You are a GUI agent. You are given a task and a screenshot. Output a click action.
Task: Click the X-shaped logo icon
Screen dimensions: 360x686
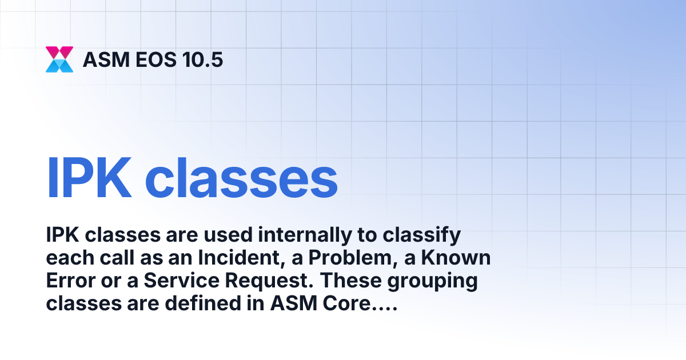tap(59, 59)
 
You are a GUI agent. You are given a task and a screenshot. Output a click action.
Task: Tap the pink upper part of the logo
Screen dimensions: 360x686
tap(59, 52)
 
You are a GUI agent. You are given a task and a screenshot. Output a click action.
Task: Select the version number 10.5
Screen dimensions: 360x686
tap(200, 59)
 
